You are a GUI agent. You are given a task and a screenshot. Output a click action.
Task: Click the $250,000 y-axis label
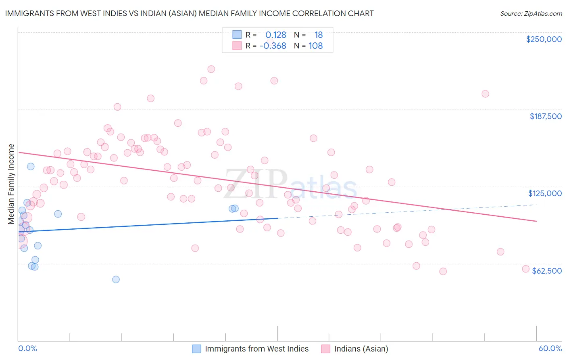pos(544,39)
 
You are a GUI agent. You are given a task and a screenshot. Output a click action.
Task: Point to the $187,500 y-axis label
pos(545,116)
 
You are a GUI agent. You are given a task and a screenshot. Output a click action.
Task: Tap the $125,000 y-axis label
pos(545,193)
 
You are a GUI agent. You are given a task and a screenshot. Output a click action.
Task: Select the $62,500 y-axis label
pos(547,271)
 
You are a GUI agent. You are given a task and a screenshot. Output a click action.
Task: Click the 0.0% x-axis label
pos(27,348)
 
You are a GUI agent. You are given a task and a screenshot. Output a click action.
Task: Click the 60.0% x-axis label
pos(550,348)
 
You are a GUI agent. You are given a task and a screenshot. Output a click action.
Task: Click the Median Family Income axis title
pos(11,184)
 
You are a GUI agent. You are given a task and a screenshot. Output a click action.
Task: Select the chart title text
pos(189,13)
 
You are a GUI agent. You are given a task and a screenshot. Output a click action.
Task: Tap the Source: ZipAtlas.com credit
pos(531,14)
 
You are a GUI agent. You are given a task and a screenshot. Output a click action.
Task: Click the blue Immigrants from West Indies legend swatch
pos(196,349)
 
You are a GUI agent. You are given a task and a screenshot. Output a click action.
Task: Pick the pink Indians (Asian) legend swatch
pos(326,349)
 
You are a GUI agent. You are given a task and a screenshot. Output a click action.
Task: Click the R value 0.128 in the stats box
pos(275,35)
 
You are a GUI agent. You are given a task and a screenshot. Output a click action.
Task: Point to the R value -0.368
pos(273,46)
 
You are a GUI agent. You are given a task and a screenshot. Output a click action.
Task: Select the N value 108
pos(315,46)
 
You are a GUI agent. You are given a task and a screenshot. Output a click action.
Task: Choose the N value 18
pos(319,35)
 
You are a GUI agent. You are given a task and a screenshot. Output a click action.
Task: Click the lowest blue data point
pos(116,279)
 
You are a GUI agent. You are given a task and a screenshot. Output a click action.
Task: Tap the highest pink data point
pos(211,69)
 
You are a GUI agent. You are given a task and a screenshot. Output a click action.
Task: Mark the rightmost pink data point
pos(525,269)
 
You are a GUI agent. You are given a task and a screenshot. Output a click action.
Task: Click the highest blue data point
pos(31,166)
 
